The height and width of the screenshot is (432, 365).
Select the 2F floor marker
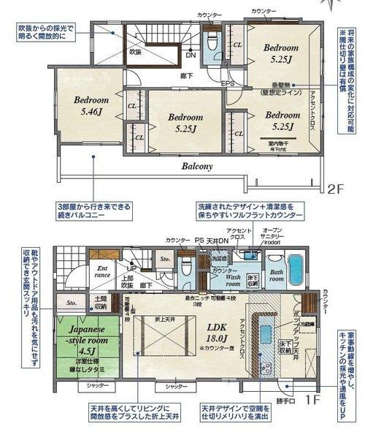(x=334, y=188)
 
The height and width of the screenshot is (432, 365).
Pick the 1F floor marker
(x=312, y=400)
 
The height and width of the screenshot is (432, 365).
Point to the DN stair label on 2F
(x=191, y=55)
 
